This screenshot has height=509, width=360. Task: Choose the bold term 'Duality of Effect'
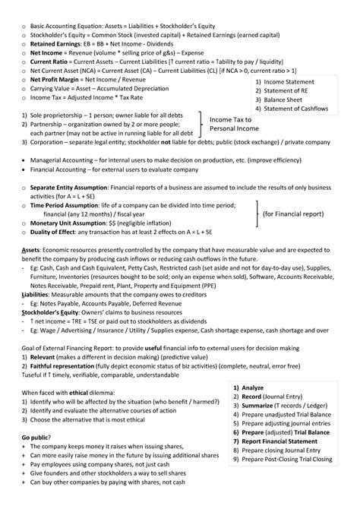pos(58,235)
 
